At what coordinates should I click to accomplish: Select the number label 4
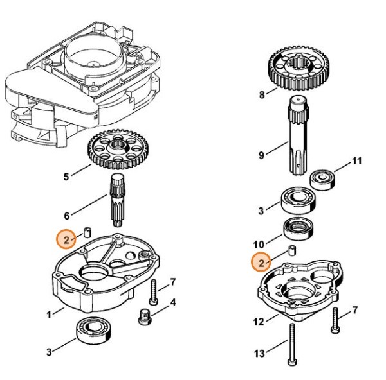click(173, 302)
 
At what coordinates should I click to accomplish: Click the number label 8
click(262, 95)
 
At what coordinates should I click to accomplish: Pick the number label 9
click(262, 155)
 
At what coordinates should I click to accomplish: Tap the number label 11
click(356, 160)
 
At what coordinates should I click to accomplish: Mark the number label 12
click(259, 321)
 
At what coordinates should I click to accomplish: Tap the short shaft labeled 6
click(118, 199)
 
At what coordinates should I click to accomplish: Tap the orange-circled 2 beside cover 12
click(261, 262)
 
